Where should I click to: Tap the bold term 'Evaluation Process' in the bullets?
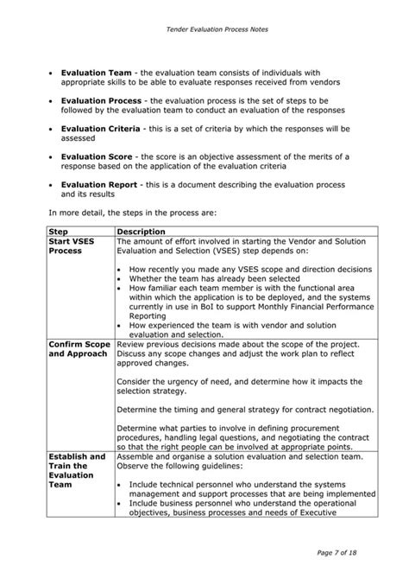click(x=99, y=101)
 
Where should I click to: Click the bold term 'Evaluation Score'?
click(x=96, y=156)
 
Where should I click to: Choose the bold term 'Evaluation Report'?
click(x=98, y=184)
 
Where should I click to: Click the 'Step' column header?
click(x=60, y=231)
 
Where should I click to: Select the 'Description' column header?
click(x=141, y=231)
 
